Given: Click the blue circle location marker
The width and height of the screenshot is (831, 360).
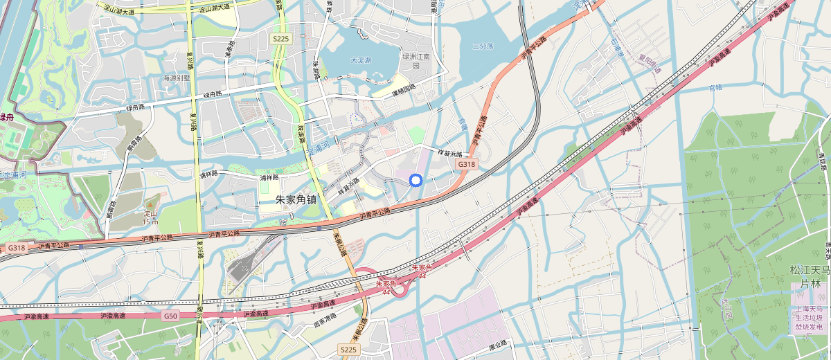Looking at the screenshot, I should [x=415, y=181].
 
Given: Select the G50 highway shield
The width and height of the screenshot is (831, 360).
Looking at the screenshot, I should [x=171, y=315].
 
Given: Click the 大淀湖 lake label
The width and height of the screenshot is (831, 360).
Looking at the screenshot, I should [x=361, y=60].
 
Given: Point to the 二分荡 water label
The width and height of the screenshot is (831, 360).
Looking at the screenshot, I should [x=482, y=46].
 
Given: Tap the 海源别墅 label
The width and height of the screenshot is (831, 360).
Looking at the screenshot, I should [x=176, y=78].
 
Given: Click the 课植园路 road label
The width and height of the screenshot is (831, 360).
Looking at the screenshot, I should [x=404, y=89].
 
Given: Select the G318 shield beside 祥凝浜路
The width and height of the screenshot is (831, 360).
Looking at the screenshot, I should [x=465, y=165].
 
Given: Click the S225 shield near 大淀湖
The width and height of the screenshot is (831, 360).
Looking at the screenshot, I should [x=280, y=39].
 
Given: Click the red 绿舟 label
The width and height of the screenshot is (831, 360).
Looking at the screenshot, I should [x=8, y=118].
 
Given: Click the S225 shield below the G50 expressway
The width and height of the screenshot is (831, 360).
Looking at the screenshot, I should [x=348, y=350].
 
